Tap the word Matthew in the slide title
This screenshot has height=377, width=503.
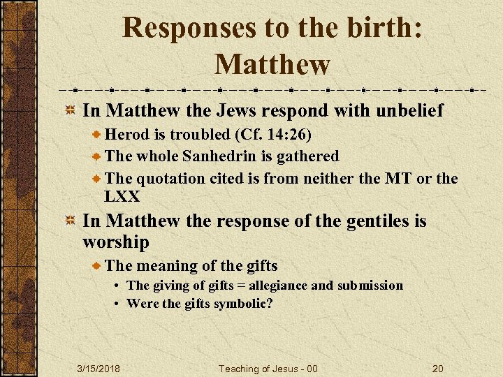tap(272, 65)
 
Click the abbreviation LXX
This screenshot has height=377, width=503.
tap(122, 196)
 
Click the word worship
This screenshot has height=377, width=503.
tap(116, 242)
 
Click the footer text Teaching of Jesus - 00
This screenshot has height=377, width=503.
tap(268, 368)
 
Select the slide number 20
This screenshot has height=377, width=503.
tap(438, 368)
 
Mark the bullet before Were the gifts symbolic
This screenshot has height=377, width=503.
tap(119, 304)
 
